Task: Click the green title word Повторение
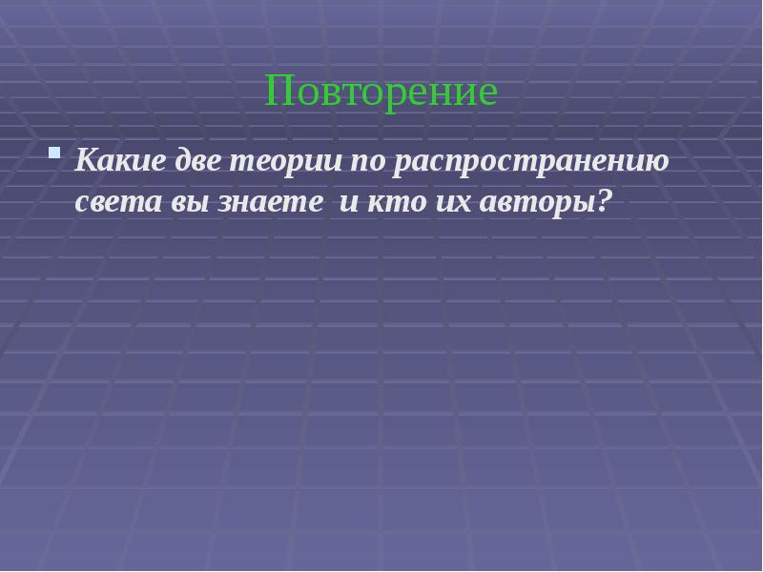coord(381,92)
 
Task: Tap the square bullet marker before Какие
coord(55,153)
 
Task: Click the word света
coord(112,202)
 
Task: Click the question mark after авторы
coord(602,201)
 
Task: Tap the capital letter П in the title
coord(278,92)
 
